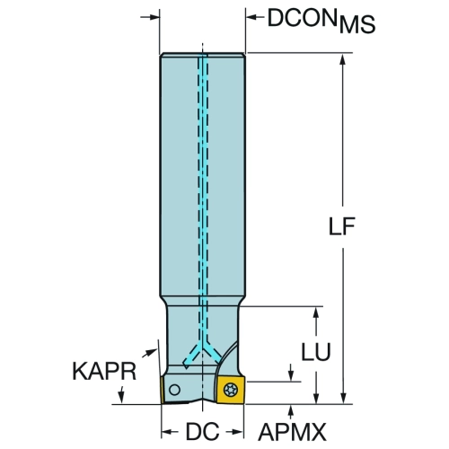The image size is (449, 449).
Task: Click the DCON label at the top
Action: click(x=303, y=18)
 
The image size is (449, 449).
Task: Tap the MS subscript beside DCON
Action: click(x=357, y=24)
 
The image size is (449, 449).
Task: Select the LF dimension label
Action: click(x=342, y=226)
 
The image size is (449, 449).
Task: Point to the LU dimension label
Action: click(x=316, y=352)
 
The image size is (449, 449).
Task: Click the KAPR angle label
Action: click(x=104, y=372)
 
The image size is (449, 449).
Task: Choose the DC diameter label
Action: click(x=203, y=432)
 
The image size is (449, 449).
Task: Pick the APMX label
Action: click(x=292, y=432)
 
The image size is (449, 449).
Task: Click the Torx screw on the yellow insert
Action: click(x=231, y=390)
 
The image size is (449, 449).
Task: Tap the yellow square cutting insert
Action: click(x=231, y=390)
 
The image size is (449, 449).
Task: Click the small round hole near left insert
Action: click(x=174, y=390)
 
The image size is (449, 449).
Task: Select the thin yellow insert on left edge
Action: click(x=162, y=390)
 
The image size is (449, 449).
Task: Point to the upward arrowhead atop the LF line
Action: click(x=343, y=59)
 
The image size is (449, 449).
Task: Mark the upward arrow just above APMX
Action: click(x=290, y=411)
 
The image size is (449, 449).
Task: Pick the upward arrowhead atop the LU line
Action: click(x=316, y=313)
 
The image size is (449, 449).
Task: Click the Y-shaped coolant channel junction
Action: click(x=203, y=348)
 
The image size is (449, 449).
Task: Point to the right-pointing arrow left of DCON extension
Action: click(x=150, y=17)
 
